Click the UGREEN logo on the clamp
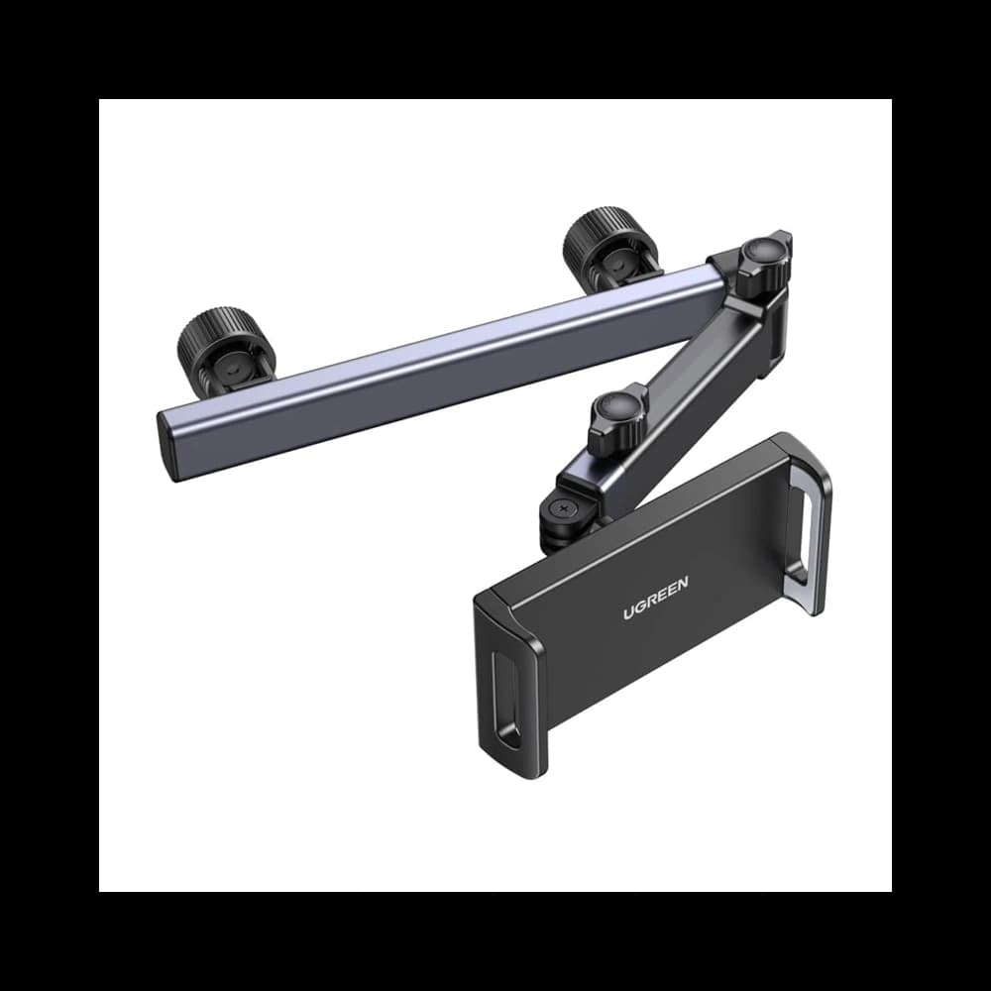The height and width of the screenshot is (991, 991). (656, 598)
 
